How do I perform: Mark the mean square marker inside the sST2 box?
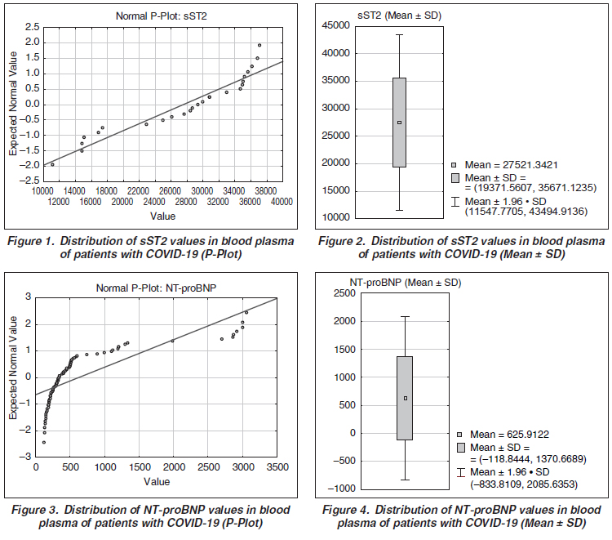399,123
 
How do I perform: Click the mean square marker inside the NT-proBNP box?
405,399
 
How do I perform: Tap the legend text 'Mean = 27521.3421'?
511,163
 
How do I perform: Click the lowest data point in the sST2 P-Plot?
53,165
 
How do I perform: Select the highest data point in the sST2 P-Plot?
259,46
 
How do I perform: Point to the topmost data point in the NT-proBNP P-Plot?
246,312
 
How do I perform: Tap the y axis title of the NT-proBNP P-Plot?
14,376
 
